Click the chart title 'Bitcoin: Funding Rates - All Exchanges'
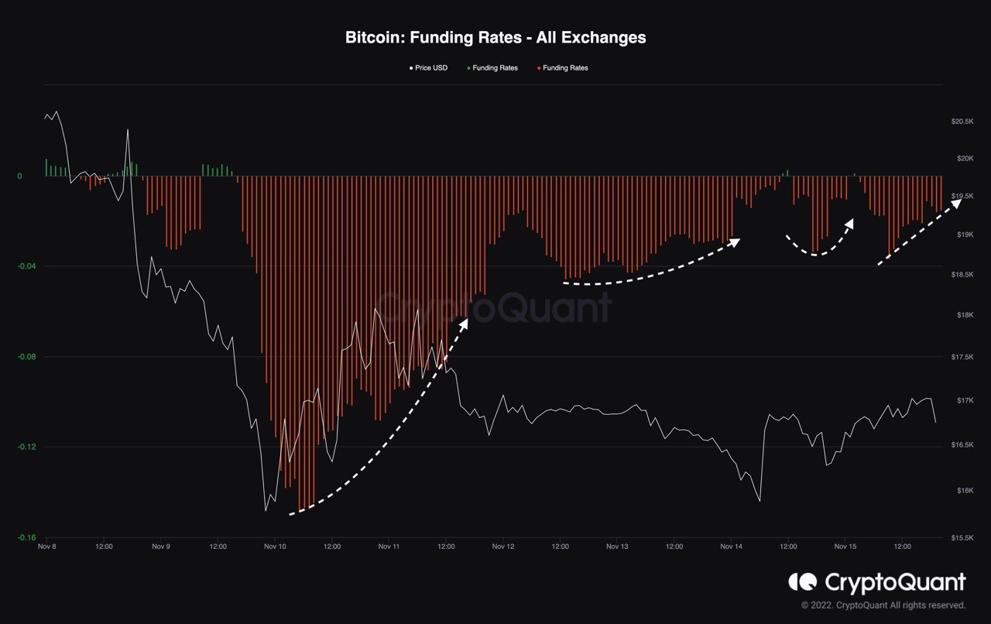pos(495,37)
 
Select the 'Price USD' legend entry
pos(430,68)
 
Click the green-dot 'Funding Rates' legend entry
pos(492,68)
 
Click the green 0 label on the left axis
pos(20,176)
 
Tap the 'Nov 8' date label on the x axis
pos(46,547)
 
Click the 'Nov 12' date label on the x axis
pos(503,547)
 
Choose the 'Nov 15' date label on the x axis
pos(845,547)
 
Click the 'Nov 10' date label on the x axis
pos(275,547)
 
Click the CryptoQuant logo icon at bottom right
pos(802,581)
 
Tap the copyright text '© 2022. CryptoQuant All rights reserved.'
pos(883,605)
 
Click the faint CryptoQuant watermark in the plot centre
pos(495,308)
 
